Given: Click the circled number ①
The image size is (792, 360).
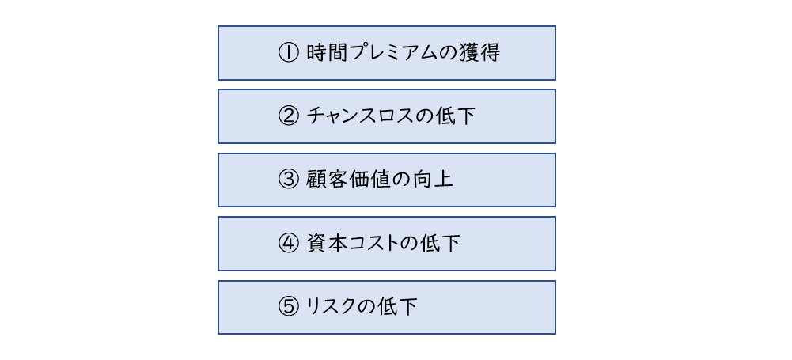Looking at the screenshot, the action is click(x=290, y=53).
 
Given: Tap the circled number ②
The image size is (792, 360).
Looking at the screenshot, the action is click(x=290, y=116).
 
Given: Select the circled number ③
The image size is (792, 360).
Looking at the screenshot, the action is click(x=290, y=180).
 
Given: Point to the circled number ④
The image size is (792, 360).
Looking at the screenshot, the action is click(x=290, y=244).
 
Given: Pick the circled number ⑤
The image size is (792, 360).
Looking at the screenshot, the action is click(x=290, y=307).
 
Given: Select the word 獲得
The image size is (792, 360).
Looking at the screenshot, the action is click(x=480, y=53).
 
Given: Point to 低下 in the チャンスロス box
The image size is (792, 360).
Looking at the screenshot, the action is click(x=456, y=116).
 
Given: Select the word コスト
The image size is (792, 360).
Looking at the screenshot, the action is click(x=373, y=244).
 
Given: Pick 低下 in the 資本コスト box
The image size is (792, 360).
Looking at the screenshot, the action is click(x=439, y=244).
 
